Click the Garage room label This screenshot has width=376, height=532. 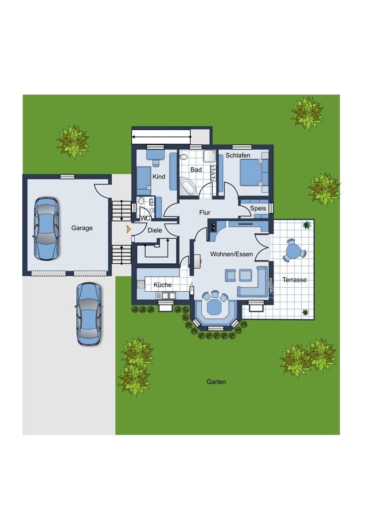tap(82, 228)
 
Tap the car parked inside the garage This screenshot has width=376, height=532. tap(47, 228)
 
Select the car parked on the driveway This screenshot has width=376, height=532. tap(89, 314)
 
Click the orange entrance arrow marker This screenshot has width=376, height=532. tap(129, 229)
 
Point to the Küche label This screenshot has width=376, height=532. tap(162, 285)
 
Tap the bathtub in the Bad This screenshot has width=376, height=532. tap(188, 187)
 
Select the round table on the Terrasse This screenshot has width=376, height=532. tap(294, 250)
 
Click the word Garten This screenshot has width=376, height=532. tap(216, 382)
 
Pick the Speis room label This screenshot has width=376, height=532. tap(258, 208)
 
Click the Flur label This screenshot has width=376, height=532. tap(205, 212)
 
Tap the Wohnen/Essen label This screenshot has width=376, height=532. tap(231, 254)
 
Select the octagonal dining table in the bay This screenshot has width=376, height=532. tap(215, 307)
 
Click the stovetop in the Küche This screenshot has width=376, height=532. tap(141, 284)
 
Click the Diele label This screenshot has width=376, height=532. tap(155, 230)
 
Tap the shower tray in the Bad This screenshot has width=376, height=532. tap(209, 156)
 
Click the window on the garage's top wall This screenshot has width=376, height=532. tap(67, 176)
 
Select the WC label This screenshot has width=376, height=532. tap(145, 218)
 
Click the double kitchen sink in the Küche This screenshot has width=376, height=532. tap(166, 295)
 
